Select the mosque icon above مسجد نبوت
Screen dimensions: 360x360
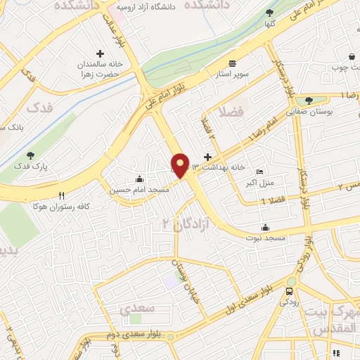pos(265,227)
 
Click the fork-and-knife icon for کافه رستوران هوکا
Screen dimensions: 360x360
pos(61,195)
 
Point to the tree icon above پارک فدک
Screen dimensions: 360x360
pos(30,155)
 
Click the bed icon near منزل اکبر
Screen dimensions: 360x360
pos(260,172)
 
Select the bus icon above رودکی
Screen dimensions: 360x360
pos(290,291)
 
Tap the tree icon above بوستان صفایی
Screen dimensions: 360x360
pos(308,101)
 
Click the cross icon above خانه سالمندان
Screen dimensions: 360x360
pos(100,53)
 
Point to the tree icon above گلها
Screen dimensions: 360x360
pos(270,13)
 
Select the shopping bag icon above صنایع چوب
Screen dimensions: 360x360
pos(351,56)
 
